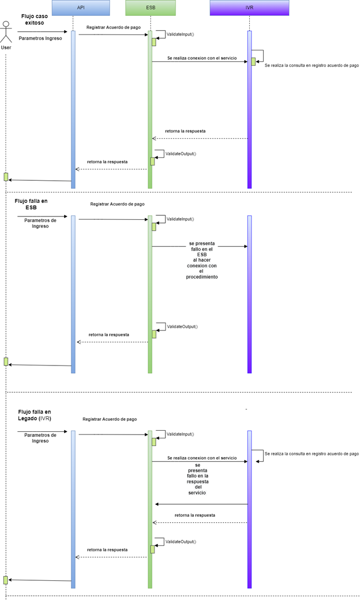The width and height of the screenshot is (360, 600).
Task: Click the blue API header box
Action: [x=81, y=8]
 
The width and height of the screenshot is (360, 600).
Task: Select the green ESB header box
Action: [x=150, y=8]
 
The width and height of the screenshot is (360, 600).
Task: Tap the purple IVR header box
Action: [x=249, y=8]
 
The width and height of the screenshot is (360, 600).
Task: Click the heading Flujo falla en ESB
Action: [x=31, y=204]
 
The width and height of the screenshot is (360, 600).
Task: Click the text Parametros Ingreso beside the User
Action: [x=40, y=38]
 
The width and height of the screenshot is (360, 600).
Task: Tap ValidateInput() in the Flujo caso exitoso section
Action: [x=180, y=34]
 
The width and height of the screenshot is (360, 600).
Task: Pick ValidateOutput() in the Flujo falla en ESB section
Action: [x=182, y=327]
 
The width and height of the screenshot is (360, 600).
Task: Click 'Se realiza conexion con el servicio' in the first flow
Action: [x=202, y=58]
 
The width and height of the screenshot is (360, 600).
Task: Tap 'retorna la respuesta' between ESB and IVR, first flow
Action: [x=185, y=132]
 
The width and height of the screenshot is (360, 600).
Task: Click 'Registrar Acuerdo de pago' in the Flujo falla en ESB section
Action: [x=117, y=204]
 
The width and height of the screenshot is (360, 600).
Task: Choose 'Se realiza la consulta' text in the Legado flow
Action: [x=311, y=454]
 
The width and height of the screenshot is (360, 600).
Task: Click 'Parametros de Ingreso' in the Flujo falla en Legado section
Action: [x=40, y=437]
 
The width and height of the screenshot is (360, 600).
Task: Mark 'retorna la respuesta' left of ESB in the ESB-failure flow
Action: [x=109, y=334]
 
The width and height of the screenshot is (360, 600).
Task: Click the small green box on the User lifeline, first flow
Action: [x=6, y=176]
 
